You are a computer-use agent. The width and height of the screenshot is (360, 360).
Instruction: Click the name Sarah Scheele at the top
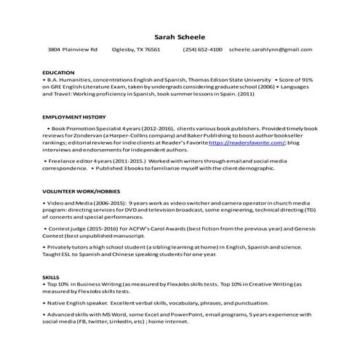(180, 36)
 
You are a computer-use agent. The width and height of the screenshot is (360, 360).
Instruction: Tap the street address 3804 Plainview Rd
(72, 49)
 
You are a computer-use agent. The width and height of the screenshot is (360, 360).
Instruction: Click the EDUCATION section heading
(59, 73)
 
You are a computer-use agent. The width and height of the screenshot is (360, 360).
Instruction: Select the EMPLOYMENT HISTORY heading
(73, 116)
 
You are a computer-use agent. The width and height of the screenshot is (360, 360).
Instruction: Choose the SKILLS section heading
(51, 278)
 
